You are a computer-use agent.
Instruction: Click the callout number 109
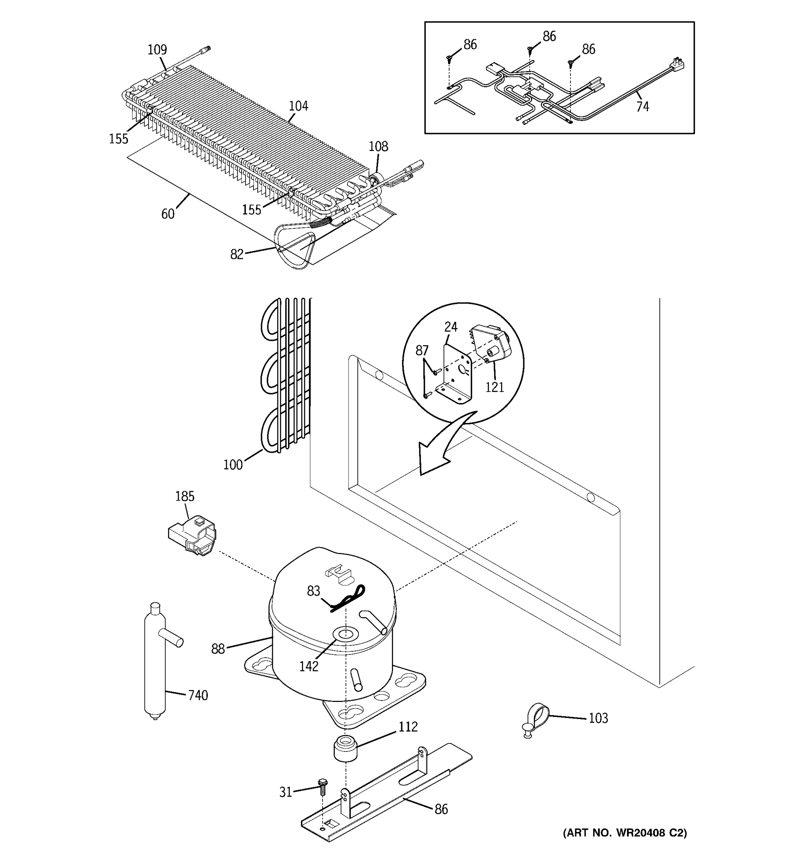[x=157, y=50]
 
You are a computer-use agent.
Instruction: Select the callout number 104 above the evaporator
[x=298, y=106]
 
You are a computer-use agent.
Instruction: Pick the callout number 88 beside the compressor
[x=218, y=649]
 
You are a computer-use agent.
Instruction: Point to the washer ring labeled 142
[x=346, y=634]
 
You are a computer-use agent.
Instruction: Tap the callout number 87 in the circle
[x=422, y=350]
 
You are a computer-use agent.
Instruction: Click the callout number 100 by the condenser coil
[x=233, y=465]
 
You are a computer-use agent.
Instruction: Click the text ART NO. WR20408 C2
[x=625, y=832]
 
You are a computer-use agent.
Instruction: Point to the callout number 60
[x=168, y=214]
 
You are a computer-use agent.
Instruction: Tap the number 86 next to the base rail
[x=441, y=809]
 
